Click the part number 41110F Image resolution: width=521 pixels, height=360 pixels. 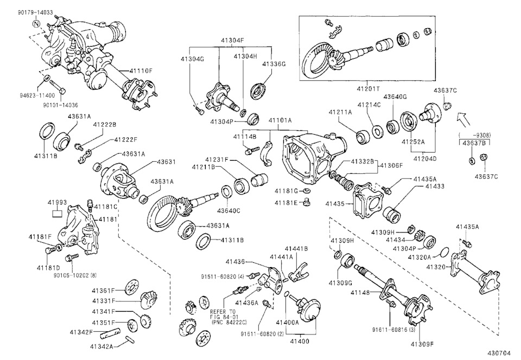[141, 71]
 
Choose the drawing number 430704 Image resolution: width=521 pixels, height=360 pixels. [498, 352]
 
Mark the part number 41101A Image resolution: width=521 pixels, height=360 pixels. [278, 120]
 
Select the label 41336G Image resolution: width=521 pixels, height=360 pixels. [274, 64]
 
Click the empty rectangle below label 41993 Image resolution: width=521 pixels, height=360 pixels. [58, 213]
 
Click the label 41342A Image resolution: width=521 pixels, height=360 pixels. [102, 346]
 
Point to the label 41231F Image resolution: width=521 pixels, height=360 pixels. [217, 160]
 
